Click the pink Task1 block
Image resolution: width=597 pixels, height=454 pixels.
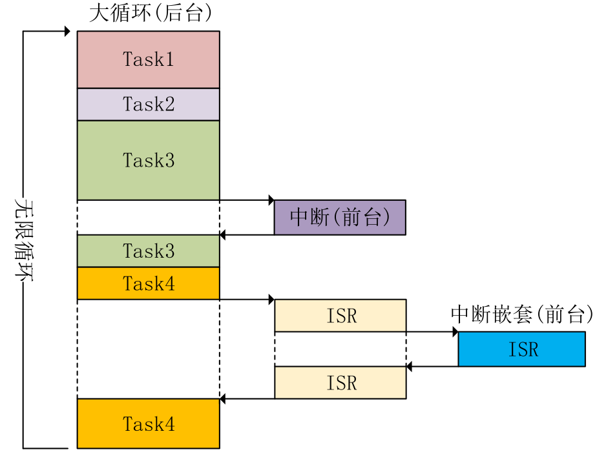click(148, 59)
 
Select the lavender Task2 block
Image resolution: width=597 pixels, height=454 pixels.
click(148, 104)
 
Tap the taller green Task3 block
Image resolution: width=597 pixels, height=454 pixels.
click(148, 160)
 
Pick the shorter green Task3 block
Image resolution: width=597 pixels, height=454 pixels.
click(148, 251)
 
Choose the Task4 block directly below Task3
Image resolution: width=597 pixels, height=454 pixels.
click(148, 284)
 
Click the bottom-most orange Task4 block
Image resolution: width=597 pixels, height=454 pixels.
click(148, 424)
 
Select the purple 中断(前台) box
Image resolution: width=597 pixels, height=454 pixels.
click(340, 217)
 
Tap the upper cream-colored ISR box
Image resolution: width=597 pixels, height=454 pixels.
click(340, 316)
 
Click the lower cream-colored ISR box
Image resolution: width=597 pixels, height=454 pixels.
click(340, 382)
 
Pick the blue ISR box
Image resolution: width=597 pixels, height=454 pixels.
click(522, 349)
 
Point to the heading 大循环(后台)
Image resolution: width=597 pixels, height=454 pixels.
click(150, 14)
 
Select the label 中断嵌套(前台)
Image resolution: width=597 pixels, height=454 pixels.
click(521, 315)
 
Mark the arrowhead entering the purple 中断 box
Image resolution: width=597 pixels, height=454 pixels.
click(271, 200)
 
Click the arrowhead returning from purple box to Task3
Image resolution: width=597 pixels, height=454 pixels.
click(223, 234)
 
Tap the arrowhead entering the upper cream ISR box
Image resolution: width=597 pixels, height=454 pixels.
click(271, 300)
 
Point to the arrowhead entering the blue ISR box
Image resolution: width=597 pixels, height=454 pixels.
click(455, 332)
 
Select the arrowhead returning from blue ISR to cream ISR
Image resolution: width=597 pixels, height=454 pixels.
click(410, 366)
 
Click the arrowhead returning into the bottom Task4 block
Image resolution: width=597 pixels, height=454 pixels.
click(223, 399)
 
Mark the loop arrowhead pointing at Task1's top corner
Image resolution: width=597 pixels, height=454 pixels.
click(67, 31)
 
